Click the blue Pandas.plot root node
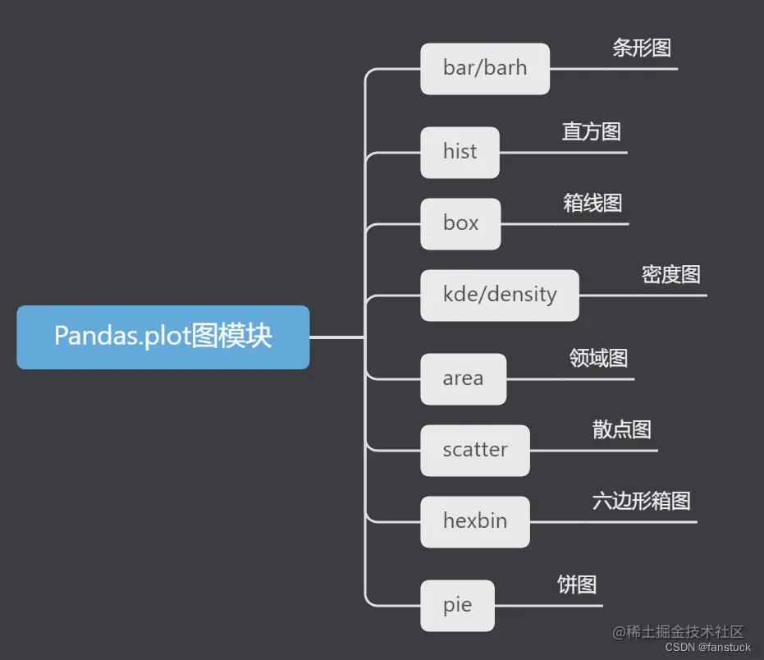[x=162, y=337]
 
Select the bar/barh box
[x=485, y=69]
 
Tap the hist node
[x=460, y=152]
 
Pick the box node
[x=460, y=223]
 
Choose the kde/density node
[x=500, y=295]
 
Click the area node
[x=463, y=378]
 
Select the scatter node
[x=475, y=450]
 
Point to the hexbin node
[x=475, y=521]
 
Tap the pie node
[x=457, y=606]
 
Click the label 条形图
[x=642, y=48]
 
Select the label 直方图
[x=592, y=131]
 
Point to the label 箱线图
[x=592, y=203]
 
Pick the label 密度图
[x=671, y=274]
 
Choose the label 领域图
[x=598, y=358]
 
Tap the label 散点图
[x=621, y=429]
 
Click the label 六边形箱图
[x=642, y=501]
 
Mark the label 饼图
[x=577, y=584]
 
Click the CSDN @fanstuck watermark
[x=707, y=648]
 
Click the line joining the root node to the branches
[x=337, y=337]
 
